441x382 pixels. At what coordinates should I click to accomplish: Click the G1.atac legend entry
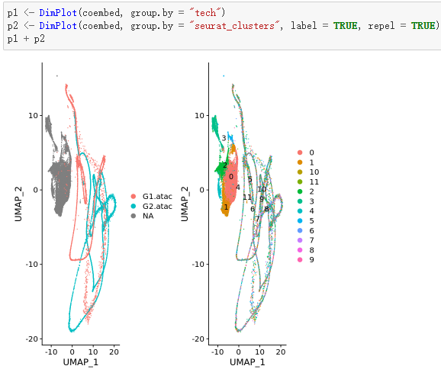click(156, 196)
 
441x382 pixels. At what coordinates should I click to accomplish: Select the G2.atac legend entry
click(156, 206)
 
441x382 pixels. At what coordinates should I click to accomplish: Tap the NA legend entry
click(149, 216)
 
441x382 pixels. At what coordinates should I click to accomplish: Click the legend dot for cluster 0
click(301, 152)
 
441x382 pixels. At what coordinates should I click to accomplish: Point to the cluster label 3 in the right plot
click(224, 138)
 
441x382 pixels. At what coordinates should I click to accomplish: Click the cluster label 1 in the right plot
click(226, 207)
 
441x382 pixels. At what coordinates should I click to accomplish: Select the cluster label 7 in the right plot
click(257, 218)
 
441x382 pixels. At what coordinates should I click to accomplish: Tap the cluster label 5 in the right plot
click(249, 179)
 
